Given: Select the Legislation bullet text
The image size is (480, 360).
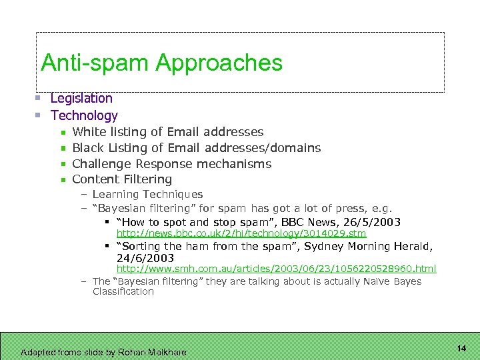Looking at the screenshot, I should pyautogui.click(x=81, y=98).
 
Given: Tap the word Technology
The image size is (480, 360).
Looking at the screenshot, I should pyautogui.click(x=84, y=115).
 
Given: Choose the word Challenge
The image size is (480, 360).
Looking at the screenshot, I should pyautogui.click(x=102, y=164).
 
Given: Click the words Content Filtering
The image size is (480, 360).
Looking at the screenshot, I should pyautogui.click(x=122, y=179).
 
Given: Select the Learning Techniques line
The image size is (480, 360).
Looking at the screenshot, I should pyautogui.click(x=147, y=195).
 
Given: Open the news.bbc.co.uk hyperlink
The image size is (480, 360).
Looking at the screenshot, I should pyautogui.click(x=241, y=233).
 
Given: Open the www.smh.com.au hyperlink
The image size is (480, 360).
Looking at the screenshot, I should pyautogui.click(x=276, y=269).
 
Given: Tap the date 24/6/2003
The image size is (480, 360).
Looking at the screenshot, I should pyautogui.click(x=145, y=258).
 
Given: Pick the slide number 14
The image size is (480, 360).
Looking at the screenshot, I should pyautogui.click(x=461, y=349).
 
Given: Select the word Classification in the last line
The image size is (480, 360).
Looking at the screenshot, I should pyautogui.click(x=123, y=291).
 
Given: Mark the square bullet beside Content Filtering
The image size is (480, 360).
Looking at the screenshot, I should pyautogui.click(x=62, y=180).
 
